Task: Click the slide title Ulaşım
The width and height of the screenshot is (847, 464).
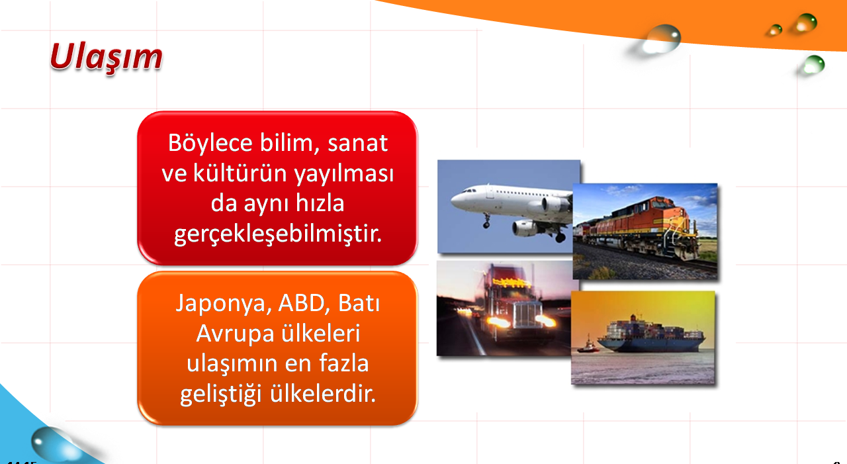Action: point(107,58)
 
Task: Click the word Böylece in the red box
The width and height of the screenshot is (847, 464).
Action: point(210,144)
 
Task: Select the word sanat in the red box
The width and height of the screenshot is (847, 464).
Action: point(357,144)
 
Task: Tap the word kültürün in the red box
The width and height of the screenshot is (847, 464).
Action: point(240,173)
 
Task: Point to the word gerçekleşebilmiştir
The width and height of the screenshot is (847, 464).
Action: point(278,234)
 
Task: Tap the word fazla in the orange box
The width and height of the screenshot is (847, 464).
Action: point(343,363)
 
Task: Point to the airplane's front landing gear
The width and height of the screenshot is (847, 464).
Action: point(486,221)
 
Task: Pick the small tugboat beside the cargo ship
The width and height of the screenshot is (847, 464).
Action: point(588,346)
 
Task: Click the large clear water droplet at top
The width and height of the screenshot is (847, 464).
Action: point(662,38)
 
